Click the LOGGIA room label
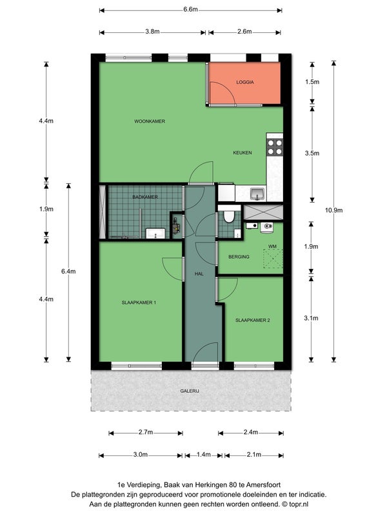click(x=245, y=82)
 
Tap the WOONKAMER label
click(x=150, y=121)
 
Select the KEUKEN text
click(x=243, y=153)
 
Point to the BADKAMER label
click(x=145, y=197)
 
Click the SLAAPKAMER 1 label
click(x=139, y=303)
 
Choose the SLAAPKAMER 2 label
click(x=253, y=320)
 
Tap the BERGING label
click(x=239, y=257)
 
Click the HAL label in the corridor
click(x=199, y=273)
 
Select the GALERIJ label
click(x=190, y=391)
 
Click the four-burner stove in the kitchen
click(x=275, y=148)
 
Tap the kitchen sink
click(x=257, y=193)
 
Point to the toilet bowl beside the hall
click(x=228, y=216)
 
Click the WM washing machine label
click(x=272, y=246)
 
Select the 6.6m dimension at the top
click(x=190, y=9)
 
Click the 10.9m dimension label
click(x=333, y=210)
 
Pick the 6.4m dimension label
click(x=68, y=271)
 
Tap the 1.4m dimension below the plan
click(x=204, y=455)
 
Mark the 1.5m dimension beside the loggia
click(x=312, y=82)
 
